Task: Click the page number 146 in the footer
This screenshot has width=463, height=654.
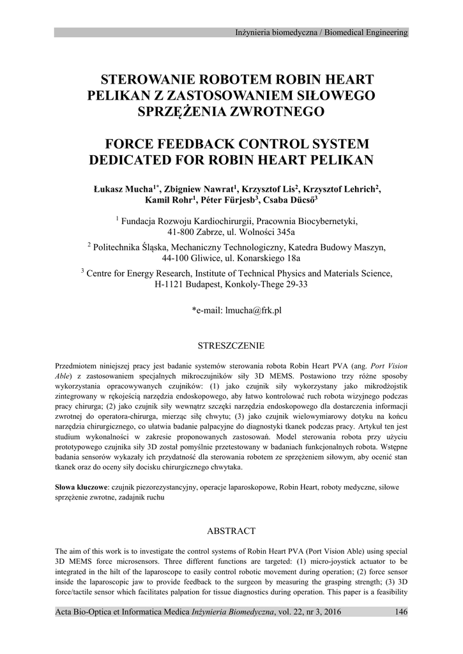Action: (x=401, y=612)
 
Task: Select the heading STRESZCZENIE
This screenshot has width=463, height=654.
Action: (x=232, y=346)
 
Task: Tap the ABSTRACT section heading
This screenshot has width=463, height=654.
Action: (x=231, y=531)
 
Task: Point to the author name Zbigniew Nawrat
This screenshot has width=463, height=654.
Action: (x=199, y=189)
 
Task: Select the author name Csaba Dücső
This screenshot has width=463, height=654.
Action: (x=291, y=201)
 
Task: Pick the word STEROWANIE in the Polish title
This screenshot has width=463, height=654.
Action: (x=144, y=80)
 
